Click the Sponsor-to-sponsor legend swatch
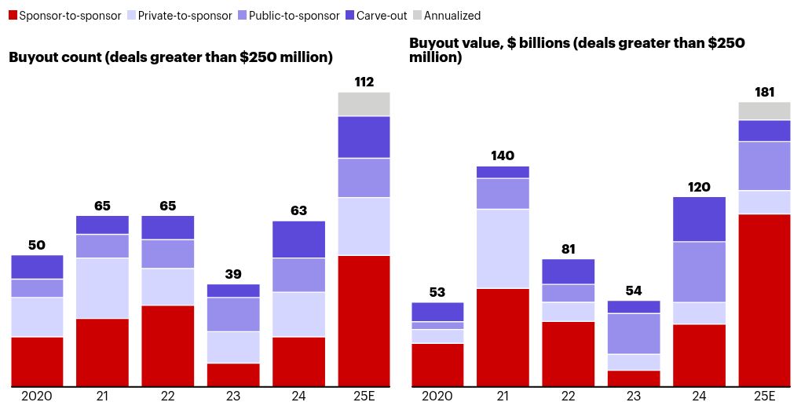(x=11, y=16)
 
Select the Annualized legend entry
(x=452, y=16)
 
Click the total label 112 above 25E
(x=364, y=82)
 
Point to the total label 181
(x=764, y=92)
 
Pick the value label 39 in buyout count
(x=232, y=273)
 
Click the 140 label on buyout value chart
(x=503, y=155)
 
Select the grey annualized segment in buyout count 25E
(x=364, y=104)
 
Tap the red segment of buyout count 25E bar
(x=364, y=320)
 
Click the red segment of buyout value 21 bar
(x=503, y=338)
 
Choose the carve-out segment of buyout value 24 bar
(x=699, y=219)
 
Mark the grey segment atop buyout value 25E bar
(x=764, y=111)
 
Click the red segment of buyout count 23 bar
(x=232, y=375)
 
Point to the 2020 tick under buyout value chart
(x=437, y=396)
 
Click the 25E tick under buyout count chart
(x=364, y=396)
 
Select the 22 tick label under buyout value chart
(x=568, y=396)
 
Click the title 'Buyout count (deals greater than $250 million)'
(x=170, y=57)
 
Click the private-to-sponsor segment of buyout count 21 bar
(x=102, y=288)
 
